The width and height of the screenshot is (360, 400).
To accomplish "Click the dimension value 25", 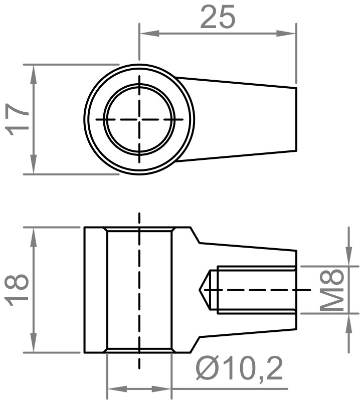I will tap(217, 17).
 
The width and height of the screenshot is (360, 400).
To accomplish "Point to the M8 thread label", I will tap(333, 290).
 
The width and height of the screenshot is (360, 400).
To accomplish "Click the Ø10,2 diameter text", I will tap(240, 369).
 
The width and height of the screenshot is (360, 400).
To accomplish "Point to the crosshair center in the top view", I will tap(139, 119).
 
